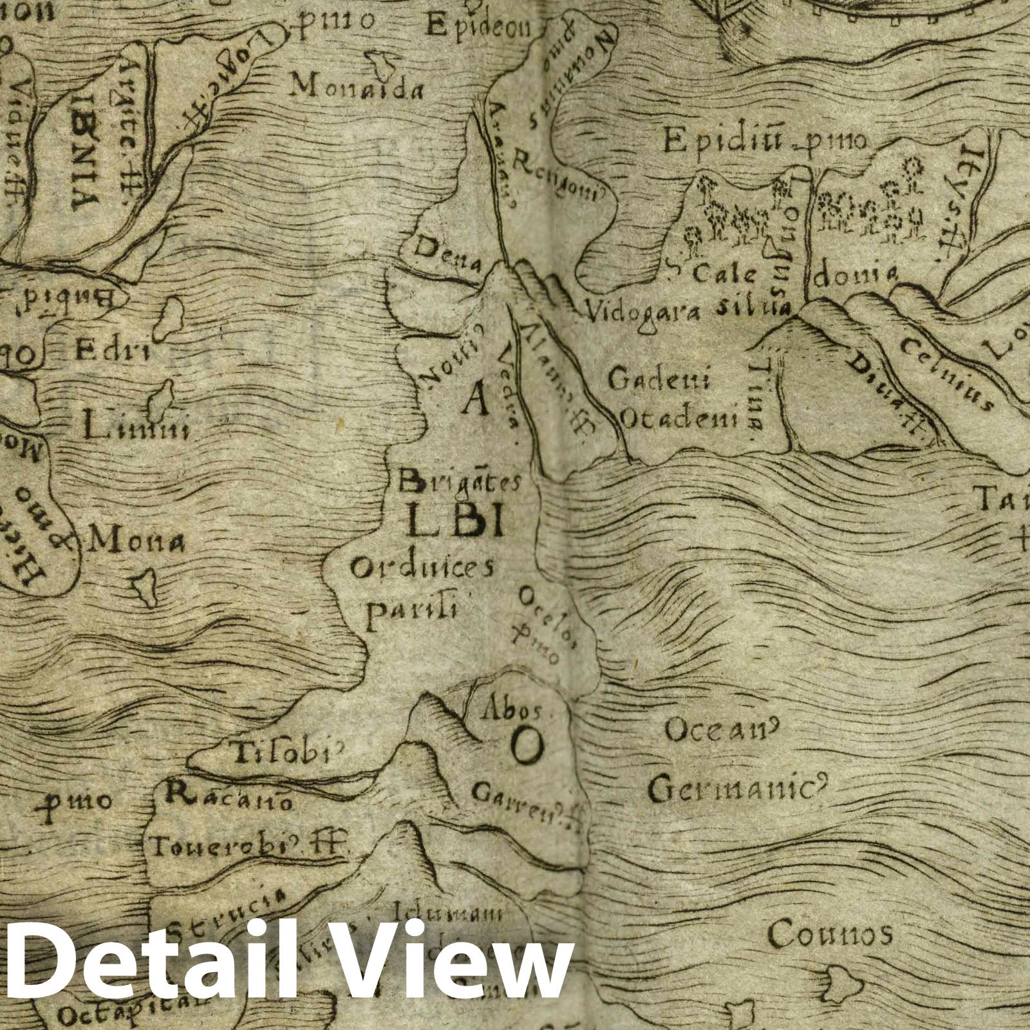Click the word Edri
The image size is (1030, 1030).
coord(113,353)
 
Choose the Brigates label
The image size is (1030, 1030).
coord(460,481)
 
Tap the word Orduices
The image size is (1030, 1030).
coord(423,568)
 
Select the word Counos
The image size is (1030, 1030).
coord(830,933)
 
